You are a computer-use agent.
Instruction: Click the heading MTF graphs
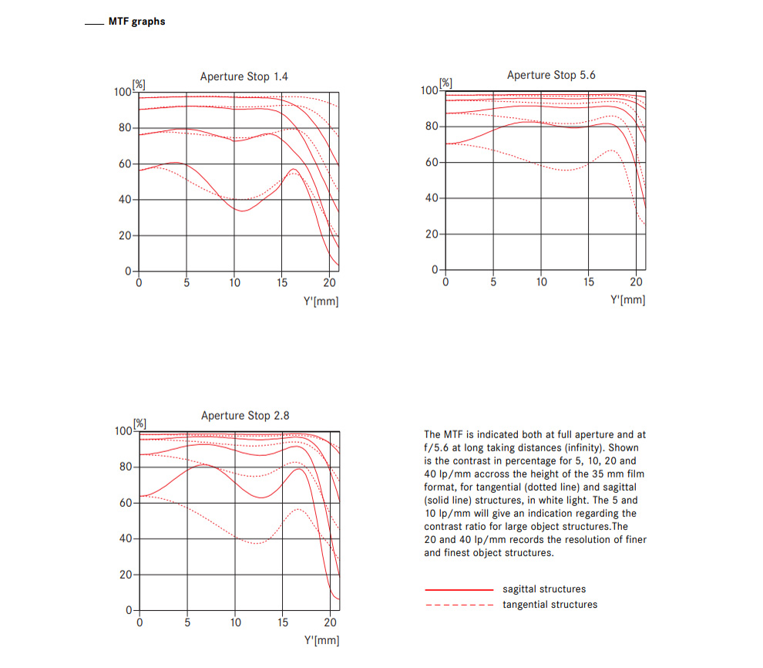136,22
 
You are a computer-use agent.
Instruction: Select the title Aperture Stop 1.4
244,76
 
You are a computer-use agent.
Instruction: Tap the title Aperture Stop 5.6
551,75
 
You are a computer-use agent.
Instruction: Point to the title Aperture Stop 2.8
245,415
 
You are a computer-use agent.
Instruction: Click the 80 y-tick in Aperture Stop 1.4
125,127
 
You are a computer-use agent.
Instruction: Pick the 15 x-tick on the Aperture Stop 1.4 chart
282,283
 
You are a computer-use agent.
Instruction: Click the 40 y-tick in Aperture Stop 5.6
432,198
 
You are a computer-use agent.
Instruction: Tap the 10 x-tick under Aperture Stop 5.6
541,282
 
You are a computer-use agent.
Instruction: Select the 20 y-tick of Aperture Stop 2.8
126,575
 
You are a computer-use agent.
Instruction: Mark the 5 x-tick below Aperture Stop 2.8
187,622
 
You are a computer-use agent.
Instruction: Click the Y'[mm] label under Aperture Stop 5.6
627,299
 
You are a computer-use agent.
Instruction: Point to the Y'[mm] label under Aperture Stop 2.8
321,639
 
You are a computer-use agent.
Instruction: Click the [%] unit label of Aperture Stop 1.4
139,84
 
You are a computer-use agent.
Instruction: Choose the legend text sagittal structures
544,589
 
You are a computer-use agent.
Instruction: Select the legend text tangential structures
550,605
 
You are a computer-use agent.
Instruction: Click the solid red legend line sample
459,589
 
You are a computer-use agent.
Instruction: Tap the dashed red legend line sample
459,606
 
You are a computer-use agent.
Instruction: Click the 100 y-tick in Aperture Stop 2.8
123,431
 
